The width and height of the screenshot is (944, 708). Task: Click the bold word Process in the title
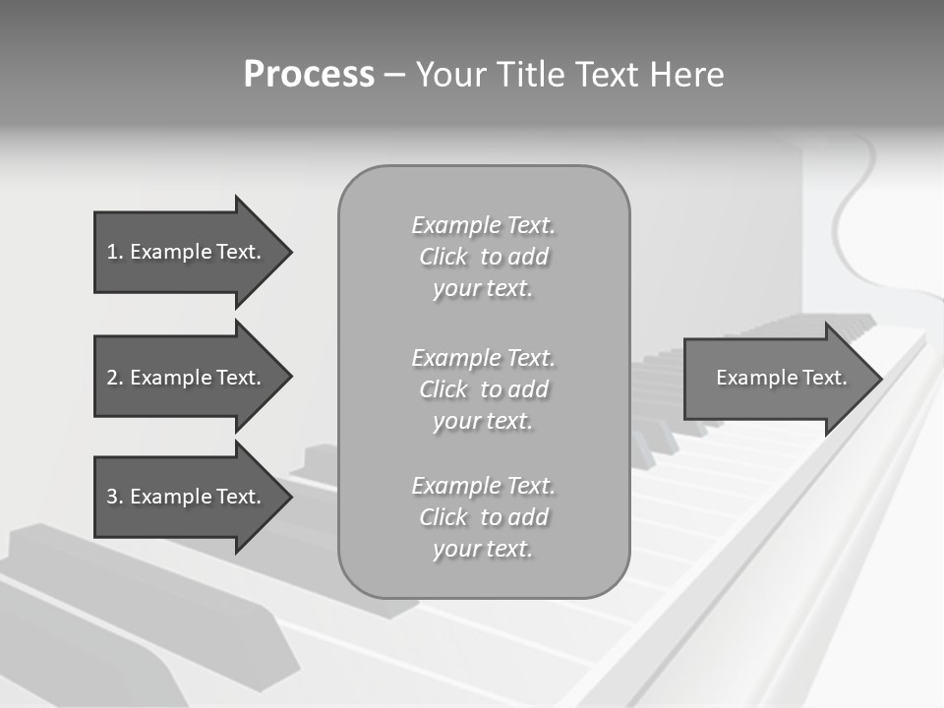pos(309,74)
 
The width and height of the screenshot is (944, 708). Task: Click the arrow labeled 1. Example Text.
pos(184,252)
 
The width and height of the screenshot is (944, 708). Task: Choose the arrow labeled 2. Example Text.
pos(184,378)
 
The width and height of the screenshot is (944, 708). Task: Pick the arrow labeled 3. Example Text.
pos(184,497)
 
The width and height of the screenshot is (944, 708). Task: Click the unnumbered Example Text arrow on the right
pos(781,378)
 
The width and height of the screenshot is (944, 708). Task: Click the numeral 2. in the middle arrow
pos(115,378)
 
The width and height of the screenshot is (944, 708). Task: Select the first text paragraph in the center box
pos(483,257)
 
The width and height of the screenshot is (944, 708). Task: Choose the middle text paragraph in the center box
pos(483,388)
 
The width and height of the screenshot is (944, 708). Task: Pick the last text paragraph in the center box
pos(483,517)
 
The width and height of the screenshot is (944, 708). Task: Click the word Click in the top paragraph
pos(443,257)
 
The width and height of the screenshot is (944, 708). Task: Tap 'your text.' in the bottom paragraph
pos(483,549)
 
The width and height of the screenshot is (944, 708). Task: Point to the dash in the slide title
pos(394,75)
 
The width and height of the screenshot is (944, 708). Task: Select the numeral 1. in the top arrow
pos(115,252)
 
